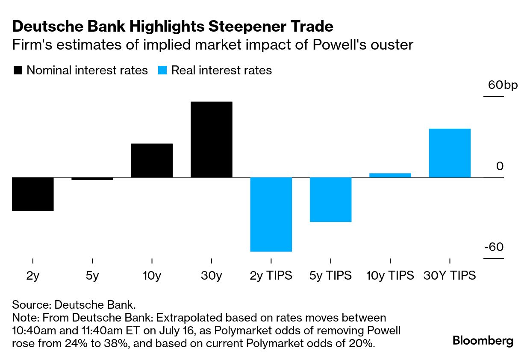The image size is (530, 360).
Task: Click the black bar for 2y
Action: [x=32, y=194]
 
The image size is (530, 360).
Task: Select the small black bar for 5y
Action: [x=92, y=179]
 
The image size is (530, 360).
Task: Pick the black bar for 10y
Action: [x=152, y=160]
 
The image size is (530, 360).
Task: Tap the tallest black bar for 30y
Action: [x=212, y=139]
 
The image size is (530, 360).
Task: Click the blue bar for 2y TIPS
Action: [x=271, y=214]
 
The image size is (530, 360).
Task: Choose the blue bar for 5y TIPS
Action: [x=330, y=199]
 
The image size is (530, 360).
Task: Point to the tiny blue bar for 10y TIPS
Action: [x=390, y=175]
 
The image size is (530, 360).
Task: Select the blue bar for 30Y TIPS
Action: [x=450, y=153]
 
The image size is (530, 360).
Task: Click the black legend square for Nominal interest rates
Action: [x=18, y=71]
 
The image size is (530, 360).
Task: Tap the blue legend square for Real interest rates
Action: [x=162, y=71]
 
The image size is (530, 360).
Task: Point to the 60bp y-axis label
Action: [x=503, y=85]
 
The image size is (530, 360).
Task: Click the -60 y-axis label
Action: [x=494, y=248]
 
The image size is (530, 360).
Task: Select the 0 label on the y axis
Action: [x=500, y=166]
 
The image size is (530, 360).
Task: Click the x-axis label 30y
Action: [x=212, y=276]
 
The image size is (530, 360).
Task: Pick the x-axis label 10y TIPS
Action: [x=390, y=276]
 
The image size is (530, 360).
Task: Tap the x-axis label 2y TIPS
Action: [x=271, y=276]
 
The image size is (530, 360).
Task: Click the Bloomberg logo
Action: [x=483, y=341]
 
